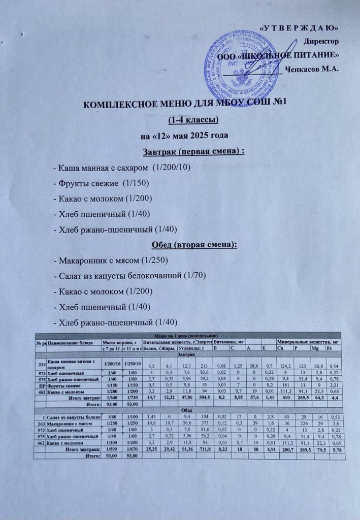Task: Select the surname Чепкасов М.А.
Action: point(312,69)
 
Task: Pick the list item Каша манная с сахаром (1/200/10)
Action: point(122,168)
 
